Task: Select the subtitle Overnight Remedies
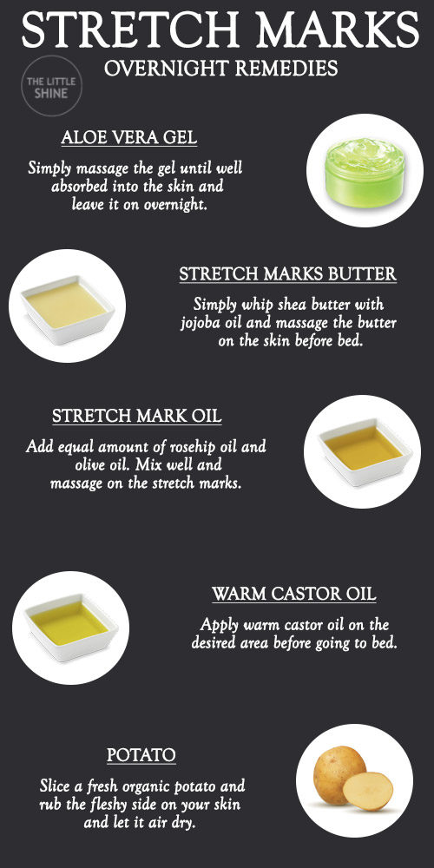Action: click(220, 68)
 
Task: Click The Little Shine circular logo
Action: click(51, 86)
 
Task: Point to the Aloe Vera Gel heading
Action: click(129, 137)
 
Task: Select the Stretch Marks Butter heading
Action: click(288, 274)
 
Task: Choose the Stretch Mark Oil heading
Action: click(137, 416)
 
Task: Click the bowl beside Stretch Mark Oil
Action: click(365, 452)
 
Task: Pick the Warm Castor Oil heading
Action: click(294, 594)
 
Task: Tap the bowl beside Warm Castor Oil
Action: click(71, 628)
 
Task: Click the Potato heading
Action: click(141, 754)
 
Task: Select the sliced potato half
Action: click(367, 791)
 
